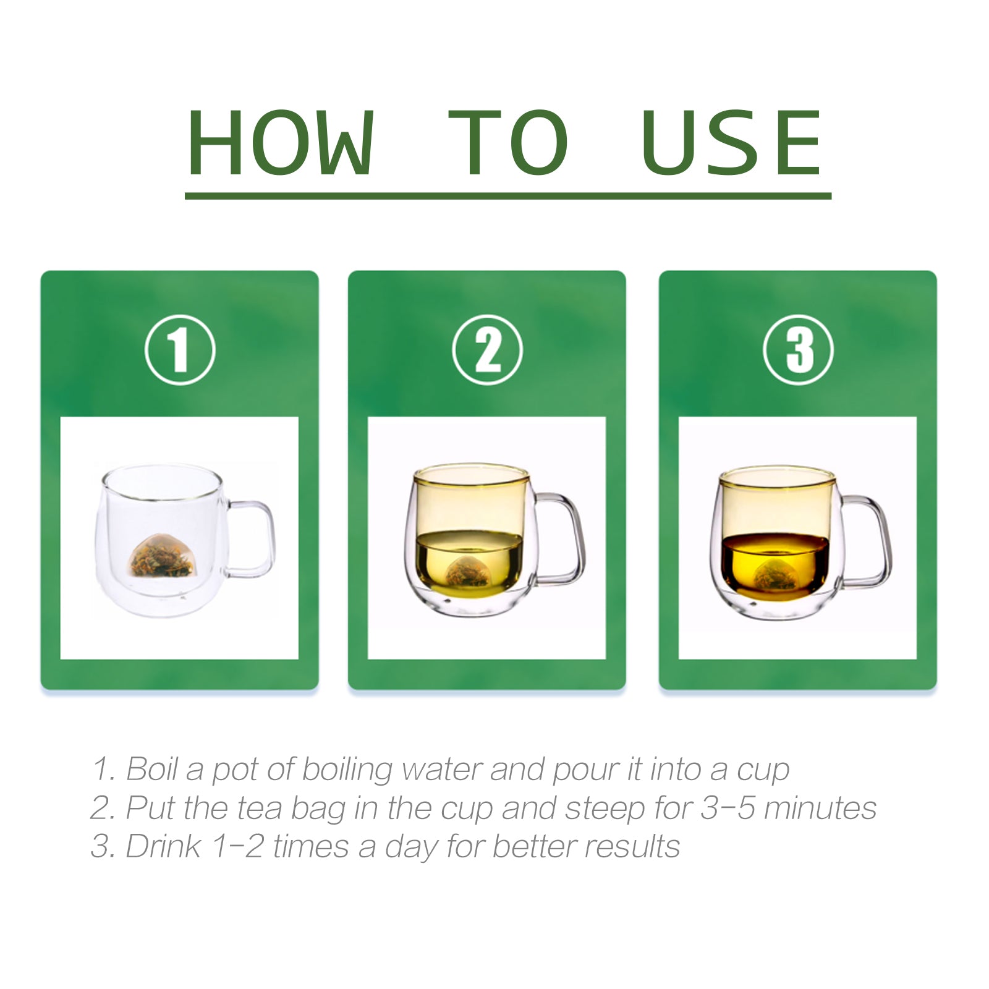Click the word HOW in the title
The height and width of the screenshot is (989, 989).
coord(281,143)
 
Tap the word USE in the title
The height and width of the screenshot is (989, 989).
coord(732,143)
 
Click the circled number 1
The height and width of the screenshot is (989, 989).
coord(180,350)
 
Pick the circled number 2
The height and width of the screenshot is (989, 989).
coord(487,350)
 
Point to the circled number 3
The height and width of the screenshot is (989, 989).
coord(798,350)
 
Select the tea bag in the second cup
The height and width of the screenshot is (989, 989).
coord(468,572)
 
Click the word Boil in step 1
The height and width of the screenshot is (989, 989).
coord(152,770)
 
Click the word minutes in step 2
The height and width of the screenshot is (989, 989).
coord(820,808)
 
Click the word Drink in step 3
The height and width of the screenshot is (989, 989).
coord(163,846)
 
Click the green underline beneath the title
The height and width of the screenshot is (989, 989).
coord(508,196)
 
